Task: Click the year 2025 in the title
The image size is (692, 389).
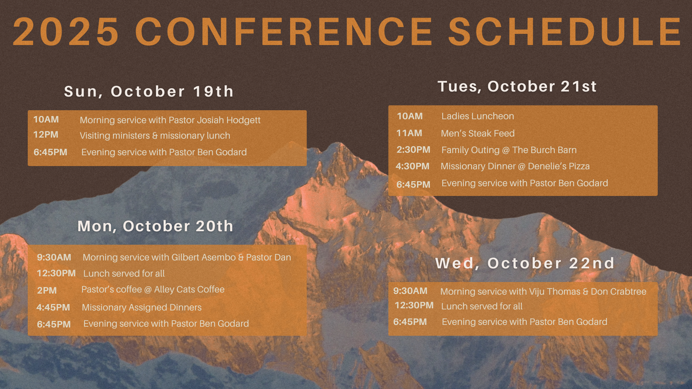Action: (x=66, y=32)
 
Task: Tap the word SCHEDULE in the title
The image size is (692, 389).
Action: (x=565, y=32)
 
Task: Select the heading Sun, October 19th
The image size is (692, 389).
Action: (x=149, y=91)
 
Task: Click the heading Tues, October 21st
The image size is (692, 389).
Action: (x=517, y=86)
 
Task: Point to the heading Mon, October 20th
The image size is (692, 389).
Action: (x=155, y=226)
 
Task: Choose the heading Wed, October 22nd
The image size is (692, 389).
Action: (x=525, y=263)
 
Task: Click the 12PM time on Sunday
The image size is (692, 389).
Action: (x=46, y=135)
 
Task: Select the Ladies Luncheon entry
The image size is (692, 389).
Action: (x=478, y=116)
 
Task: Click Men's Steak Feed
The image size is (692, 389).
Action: (x=478, y=134)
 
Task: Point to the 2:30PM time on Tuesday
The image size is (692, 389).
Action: (x=413, y=150)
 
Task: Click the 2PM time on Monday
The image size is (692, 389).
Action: (x=47, y=291)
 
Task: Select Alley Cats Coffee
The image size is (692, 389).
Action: (x=189, y=290)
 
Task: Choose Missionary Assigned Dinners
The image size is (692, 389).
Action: (x=142, y=308)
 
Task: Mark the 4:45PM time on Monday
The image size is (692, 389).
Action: (x=53, y=308)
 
